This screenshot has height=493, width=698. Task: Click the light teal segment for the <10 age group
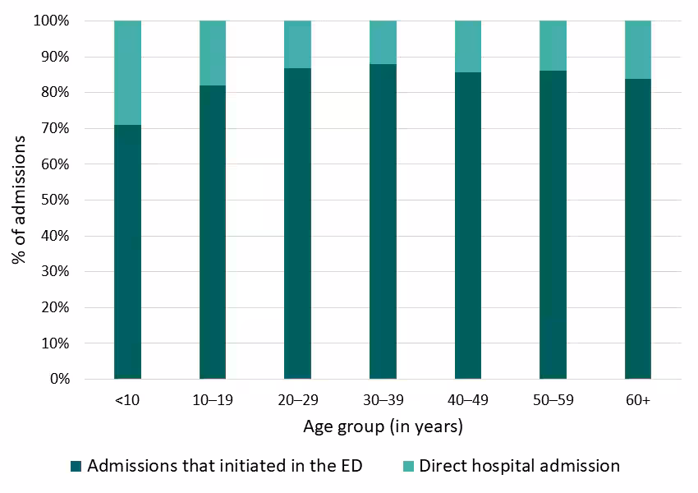[127, 72]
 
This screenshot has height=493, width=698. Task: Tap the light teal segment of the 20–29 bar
[297, 44]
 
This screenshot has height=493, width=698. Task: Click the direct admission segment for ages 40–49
[468, 46]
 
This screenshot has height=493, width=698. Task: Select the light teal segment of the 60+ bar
[638, 49]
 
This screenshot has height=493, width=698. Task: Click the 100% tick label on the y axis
[52, 21]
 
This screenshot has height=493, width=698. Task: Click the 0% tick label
[58, 379]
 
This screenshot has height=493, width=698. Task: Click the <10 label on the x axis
[127, 400]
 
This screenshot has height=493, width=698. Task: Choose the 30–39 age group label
[383, 400]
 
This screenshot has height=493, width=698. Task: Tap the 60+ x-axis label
[638, 400]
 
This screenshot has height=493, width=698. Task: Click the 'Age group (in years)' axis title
[383, 426]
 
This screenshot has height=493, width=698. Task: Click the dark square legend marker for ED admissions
[76, 467]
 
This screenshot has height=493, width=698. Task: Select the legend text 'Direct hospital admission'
[519, 466]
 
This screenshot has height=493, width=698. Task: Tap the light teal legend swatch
[408, 467]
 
